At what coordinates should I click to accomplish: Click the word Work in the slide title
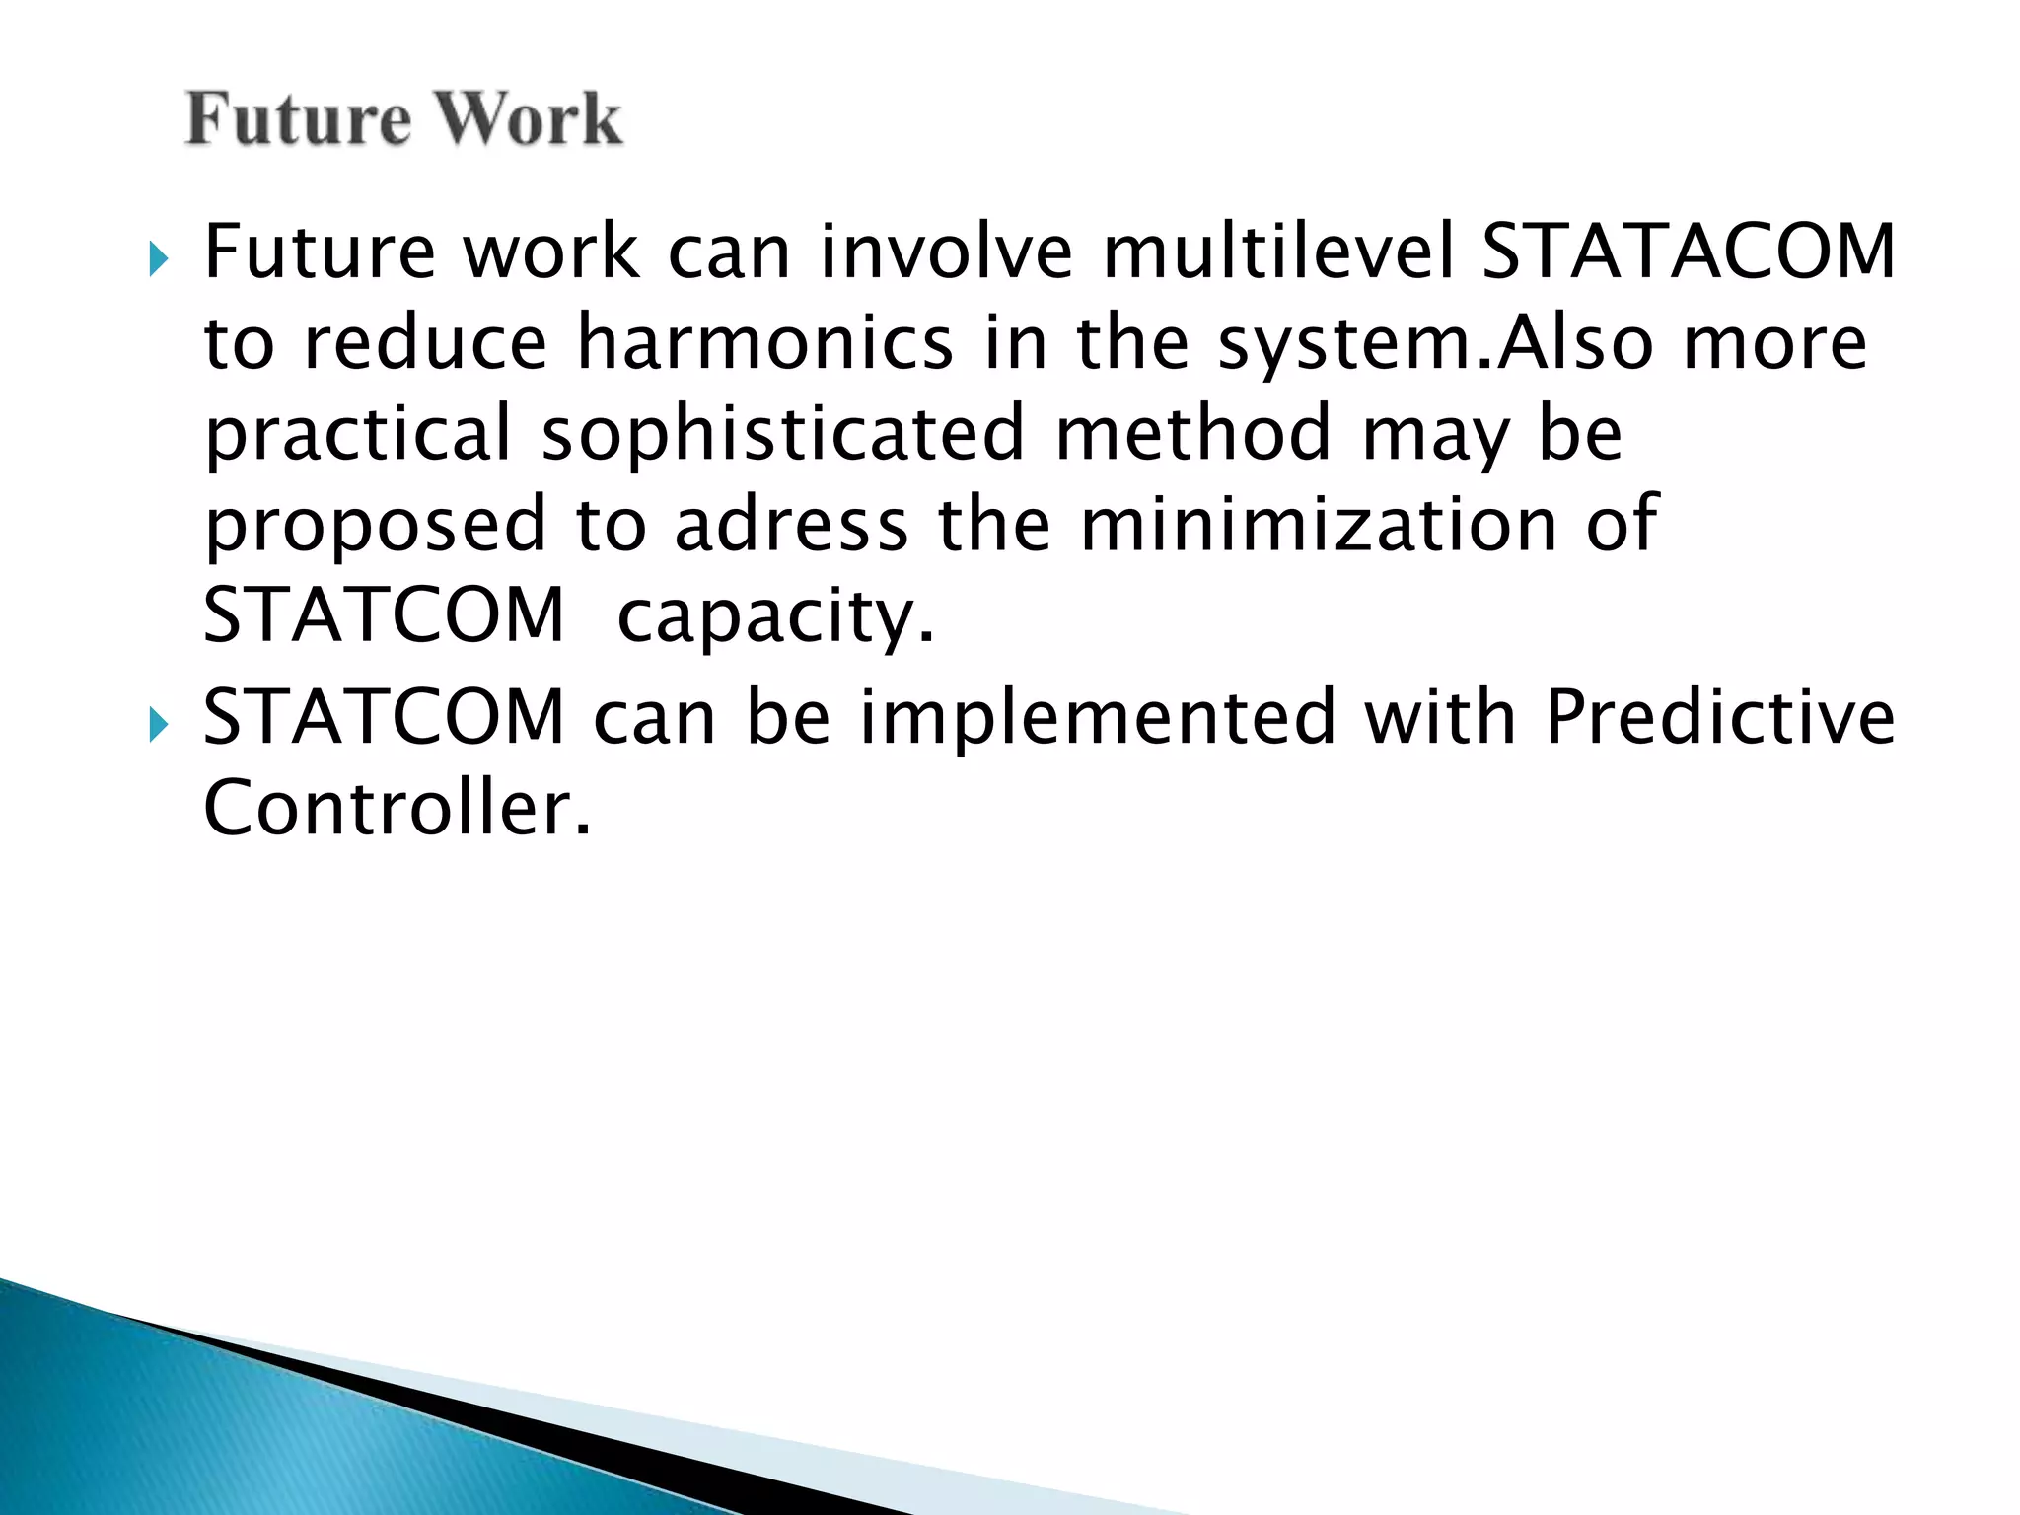(x=529, y=119)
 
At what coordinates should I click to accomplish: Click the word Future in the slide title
(x=298, y=119)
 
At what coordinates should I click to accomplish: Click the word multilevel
(x=1278, y=252)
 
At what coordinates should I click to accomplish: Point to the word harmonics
(x=764, y=343)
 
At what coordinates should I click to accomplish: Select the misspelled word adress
(x=791, y=525)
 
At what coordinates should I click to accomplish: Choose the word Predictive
(x=1719, y=717)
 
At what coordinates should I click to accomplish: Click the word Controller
(x=397, y=808)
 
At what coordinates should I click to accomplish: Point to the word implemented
(x=1098, y=717)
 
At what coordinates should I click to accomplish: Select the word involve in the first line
(x=946, y=252)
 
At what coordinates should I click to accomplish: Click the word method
(x=1193, y=435)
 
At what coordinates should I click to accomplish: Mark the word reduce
(x=425, y=343)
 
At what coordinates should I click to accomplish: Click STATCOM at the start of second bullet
(x=384, y=717)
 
